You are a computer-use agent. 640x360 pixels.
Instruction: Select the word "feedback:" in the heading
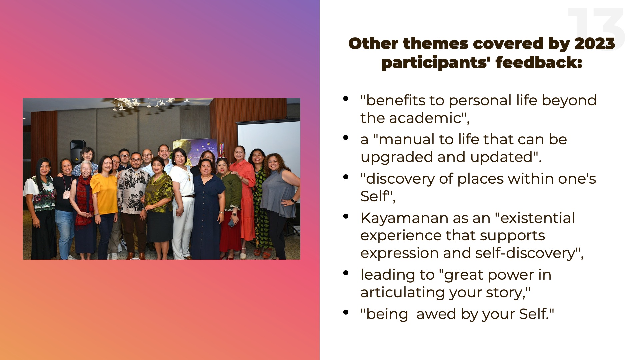point(539,63)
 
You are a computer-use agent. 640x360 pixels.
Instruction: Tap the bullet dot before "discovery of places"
point(346,177)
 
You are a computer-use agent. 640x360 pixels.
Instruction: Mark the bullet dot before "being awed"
point(346,312)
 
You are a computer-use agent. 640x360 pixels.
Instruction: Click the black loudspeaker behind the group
point(78,151)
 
